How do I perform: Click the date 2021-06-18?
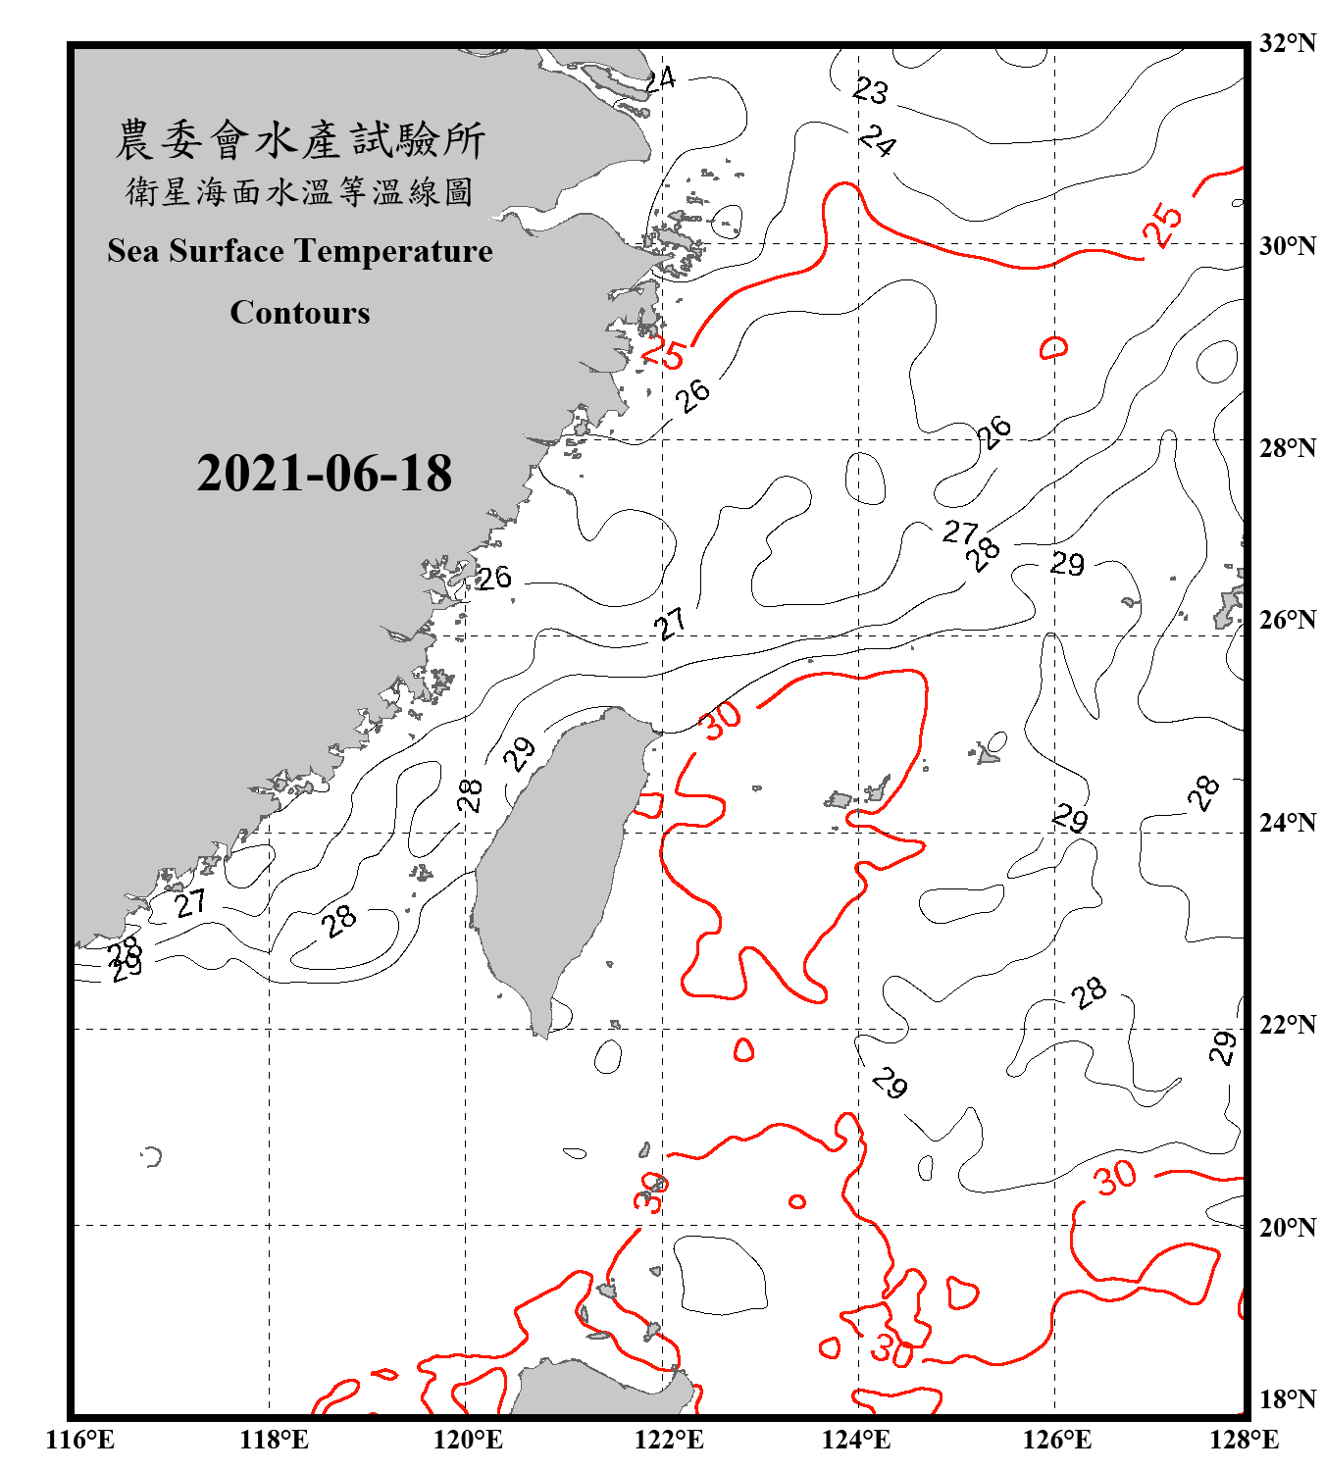tap(324, 474)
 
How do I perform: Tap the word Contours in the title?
tap(300, 313)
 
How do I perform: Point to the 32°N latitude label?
tap(1287, 43)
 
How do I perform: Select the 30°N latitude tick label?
tap(1287, 245)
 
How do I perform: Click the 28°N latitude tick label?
tap(1287, 448)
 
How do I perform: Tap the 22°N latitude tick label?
tap(1287, 1025)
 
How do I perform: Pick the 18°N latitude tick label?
tap(1287, 1399)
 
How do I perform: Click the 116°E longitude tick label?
tap(80, 1440)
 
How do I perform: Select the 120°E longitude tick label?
tap(468, 1440)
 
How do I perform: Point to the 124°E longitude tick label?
tap(856, 1440)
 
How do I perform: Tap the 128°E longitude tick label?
tap(1244, 1440)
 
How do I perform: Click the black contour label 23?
tap(870, 91)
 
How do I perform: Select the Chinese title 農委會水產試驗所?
tap(300, 140)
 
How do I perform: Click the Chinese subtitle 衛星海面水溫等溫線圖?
tap(300, 192)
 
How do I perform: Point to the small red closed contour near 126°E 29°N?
tap(1054, 347)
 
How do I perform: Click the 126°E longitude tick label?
tap(1056, 1440)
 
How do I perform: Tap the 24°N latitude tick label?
tap(1287, 822)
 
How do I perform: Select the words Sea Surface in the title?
tap(195, 251)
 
